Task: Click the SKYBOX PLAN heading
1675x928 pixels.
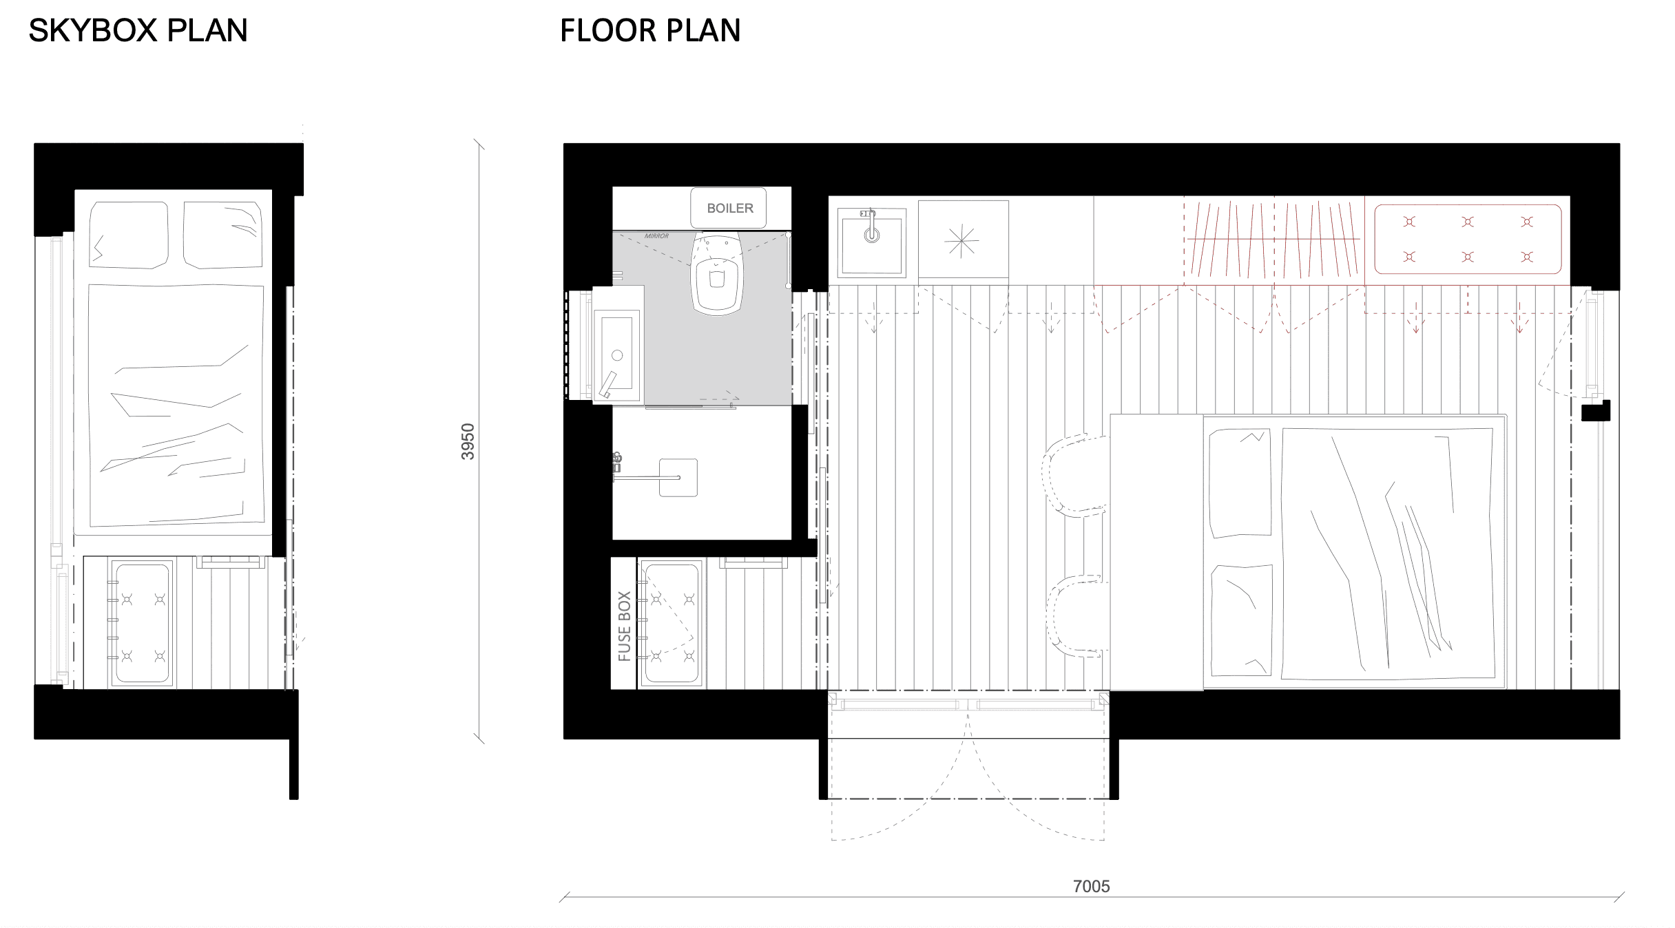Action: click(x=138, y=31)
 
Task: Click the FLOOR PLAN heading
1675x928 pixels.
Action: click(x=650, y=31)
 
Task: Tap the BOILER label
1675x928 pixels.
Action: click(x=730, y=208)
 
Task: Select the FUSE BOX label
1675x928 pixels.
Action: click(x=625, y=626)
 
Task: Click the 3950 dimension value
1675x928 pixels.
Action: click(x=468, y=441)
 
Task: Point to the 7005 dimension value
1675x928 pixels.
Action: click(x=1092, y=886)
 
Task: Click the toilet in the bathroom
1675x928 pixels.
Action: click(x=717, y=273)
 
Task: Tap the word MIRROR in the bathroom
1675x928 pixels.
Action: click(x=656, y=236)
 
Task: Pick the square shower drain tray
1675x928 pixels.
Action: click(x=678, y=477)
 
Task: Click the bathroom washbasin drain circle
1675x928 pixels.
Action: click(x=617, y=355)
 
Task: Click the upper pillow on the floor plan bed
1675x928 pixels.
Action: click(x=1240, y=483)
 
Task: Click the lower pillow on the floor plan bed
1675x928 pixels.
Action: click(x=1242, y=620)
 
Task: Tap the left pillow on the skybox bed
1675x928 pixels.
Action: click(x=129, y=235)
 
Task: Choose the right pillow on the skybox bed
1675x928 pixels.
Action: click(x=222, y=235)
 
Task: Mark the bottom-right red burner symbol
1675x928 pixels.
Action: click(x=1527, y=257)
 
